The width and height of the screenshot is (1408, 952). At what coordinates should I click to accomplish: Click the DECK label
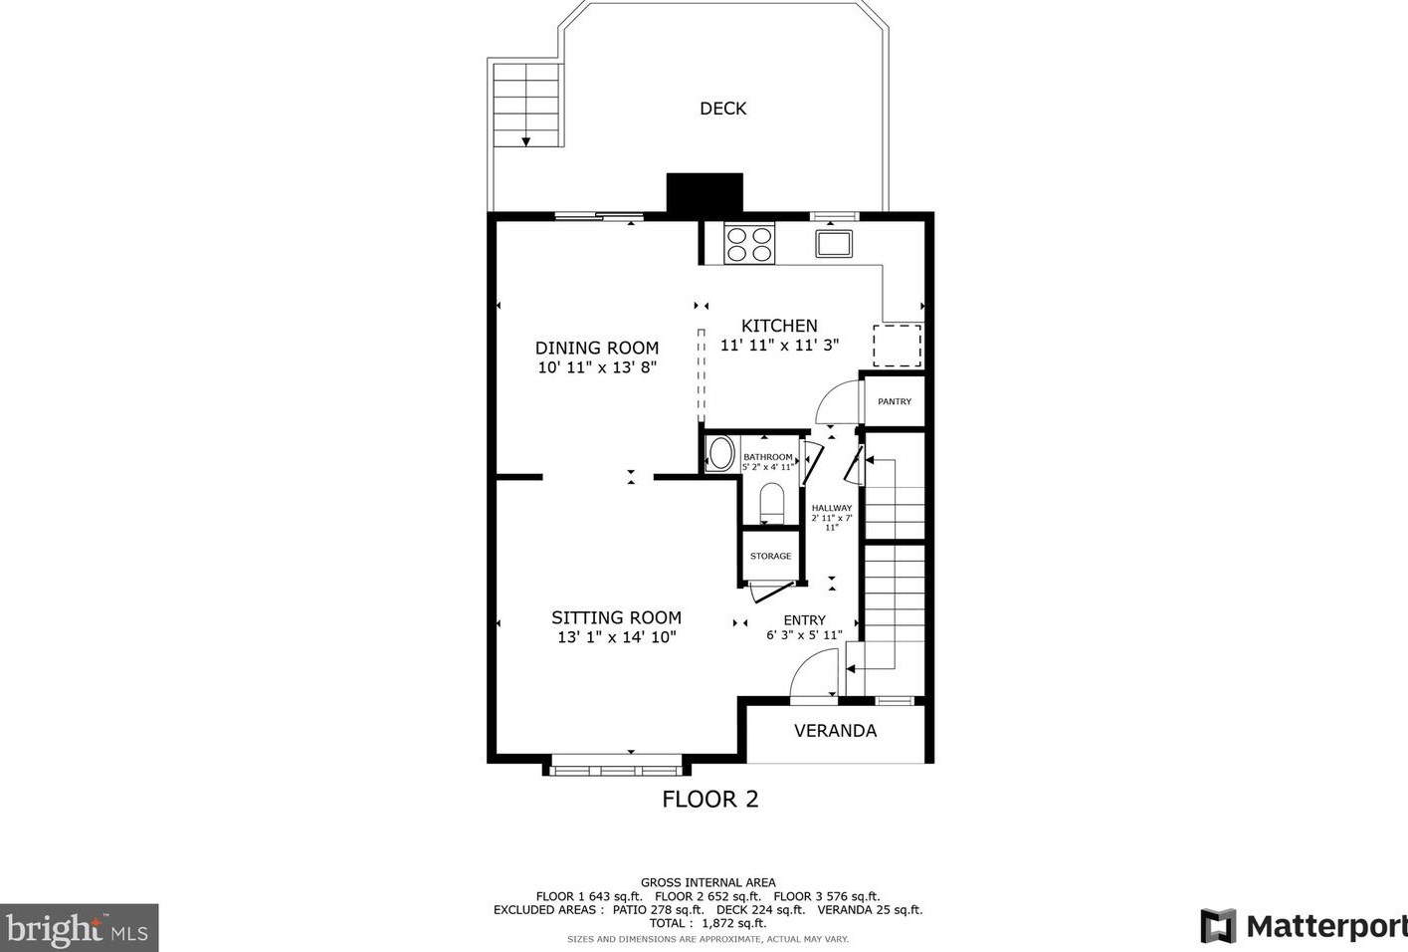click(722, 109)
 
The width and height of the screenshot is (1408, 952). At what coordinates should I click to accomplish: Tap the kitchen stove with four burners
click(749, 244)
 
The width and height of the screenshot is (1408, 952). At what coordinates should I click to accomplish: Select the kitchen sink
click(834, 244)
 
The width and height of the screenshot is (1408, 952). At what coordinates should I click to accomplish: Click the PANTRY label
click(895, 401)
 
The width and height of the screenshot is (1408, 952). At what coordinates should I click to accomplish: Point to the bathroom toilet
click(772, 503)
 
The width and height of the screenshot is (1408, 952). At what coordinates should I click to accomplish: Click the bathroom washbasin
click(720, 453)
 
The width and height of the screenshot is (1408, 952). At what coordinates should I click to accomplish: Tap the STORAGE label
click(770, 557)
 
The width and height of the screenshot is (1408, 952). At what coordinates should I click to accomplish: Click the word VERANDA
click(836, 731)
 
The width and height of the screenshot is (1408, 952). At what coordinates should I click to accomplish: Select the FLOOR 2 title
click(710, 799)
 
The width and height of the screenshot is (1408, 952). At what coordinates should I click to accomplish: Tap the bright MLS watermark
click(80, 928)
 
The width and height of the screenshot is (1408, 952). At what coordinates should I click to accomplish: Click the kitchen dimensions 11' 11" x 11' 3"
click(779, 346)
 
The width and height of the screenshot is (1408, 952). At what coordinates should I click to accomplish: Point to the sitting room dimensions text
click(617, 637)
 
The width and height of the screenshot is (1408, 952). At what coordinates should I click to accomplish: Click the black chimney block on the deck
click(704, 192)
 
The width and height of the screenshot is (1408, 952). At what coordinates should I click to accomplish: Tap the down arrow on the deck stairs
click(526, 141)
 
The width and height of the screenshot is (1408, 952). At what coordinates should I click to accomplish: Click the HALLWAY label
click(832, 508)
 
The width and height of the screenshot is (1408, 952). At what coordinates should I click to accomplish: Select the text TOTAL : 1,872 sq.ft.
click(707, 924)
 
